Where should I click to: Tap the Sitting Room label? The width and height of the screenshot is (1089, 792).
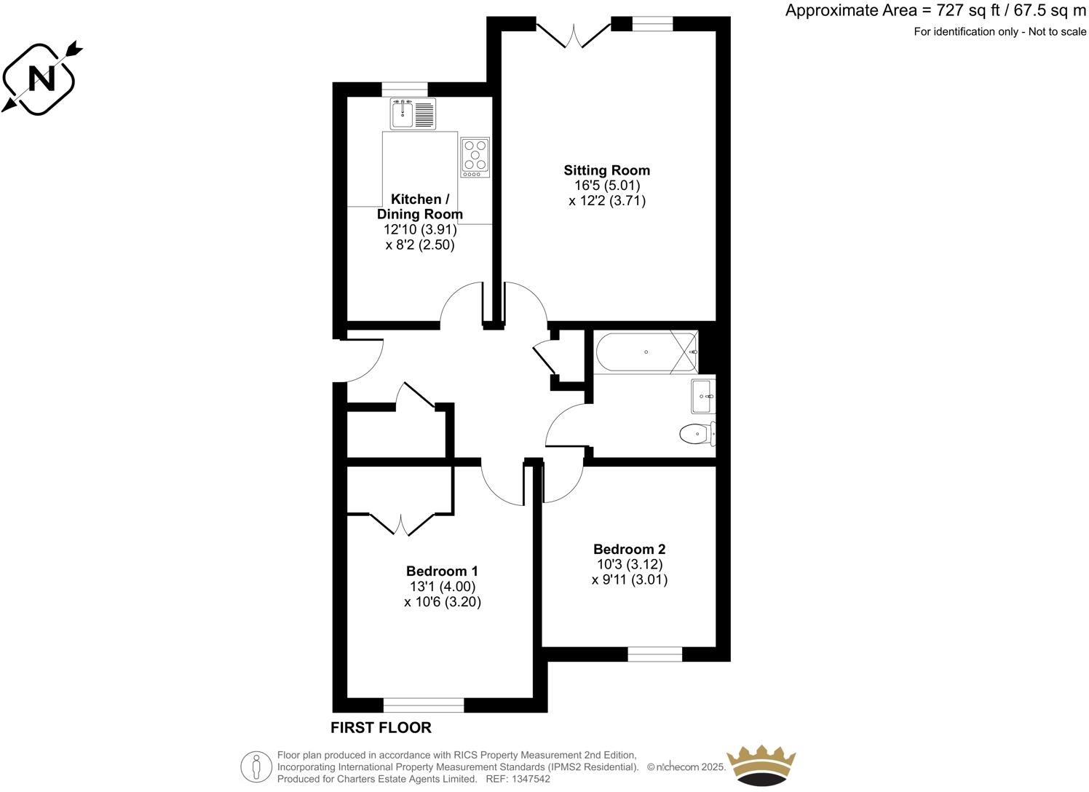[x=606, y=170]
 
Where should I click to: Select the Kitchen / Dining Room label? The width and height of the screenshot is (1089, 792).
[x=419, y=207]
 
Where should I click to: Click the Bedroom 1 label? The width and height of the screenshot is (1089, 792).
[x=442, y=571]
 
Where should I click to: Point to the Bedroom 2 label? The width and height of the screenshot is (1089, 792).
[x=629, y=549]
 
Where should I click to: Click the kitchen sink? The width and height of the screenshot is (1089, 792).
[x=412, y=114]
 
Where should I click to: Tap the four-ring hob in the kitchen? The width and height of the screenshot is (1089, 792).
[x=475, y=157]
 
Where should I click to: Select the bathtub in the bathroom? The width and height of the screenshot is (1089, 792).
[x=645, y=352]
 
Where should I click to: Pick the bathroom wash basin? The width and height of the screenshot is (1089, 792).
[x=702, y=397]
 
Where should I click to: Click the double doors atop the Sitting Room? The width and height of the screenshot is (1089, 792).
[x=574, y=34]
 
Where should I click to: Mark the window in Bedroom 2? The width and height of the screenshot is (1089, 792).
[x=654, y=655]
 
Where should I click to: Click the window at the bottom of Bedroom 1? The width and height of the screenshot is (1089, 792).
[x=423, y=705]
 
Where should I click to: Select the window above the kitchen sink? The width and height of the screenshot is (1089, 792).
[x=405, y=89]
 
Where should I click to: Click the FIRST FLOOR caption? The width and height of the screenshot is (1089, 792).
[x=381, y=727]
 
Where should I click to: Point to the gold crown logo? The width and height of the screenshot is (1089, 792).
[x=763, y=767]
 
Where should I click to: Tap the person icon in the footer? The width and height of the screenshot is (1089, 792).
[x=256, y=767]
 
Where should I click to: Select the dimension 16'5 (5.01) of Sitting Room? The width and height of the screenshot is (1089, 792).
[x=607, y=186]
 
